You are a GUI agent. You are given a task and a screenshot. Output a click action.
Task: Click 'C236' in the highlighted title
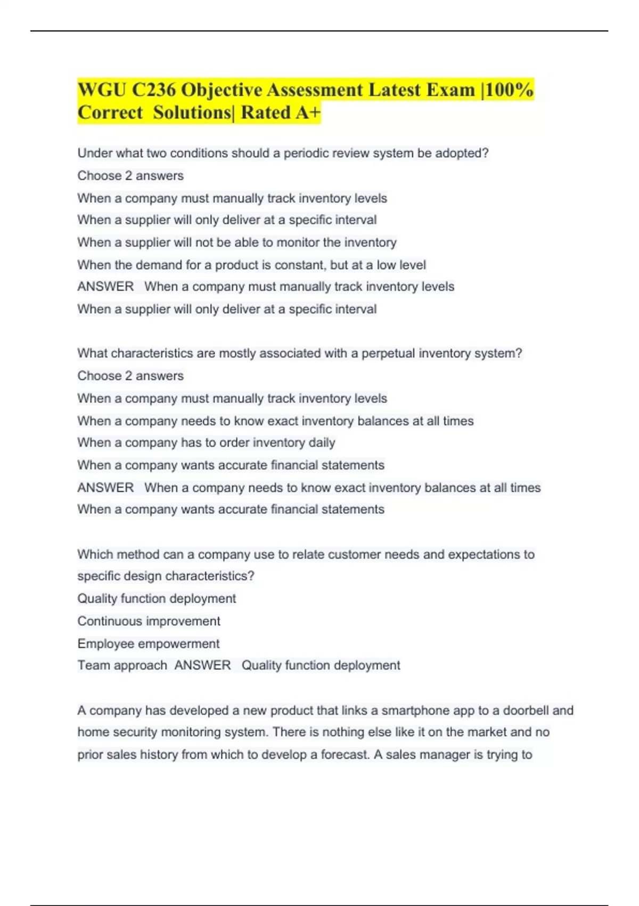[153, 90]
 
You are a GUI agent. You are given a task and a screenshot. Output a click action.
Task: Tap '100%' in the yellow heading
[509, 90]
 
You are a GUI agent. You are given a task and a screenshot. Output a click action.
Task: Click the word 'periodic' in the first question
[306, 153]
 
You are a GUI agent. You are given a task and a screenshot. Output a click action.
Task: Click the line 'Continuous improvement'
[149, 621]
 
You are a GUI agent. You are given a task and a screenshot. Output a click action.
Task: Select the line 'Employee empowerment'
[148, 644]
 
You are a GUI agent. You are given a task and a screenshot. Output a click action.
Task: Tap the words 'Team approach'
[122, 666]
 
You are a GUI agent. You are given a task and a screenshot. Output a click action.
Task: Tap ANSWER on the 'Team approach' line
[202, 666]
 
